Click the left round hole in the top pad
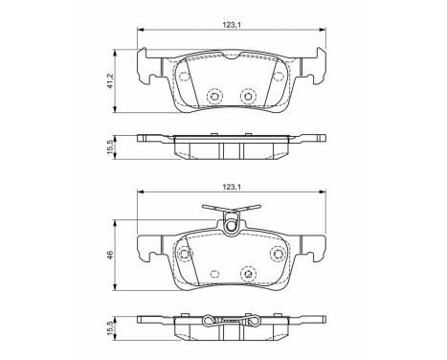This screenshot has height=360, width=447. tap(213, 95)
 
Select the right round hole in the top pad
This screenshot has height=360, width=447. tap(248, 95)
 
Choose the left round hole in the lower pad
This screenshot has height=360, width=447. tap(185, 255)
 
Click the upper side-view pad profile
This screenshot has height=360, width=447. tap(231, 141)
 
